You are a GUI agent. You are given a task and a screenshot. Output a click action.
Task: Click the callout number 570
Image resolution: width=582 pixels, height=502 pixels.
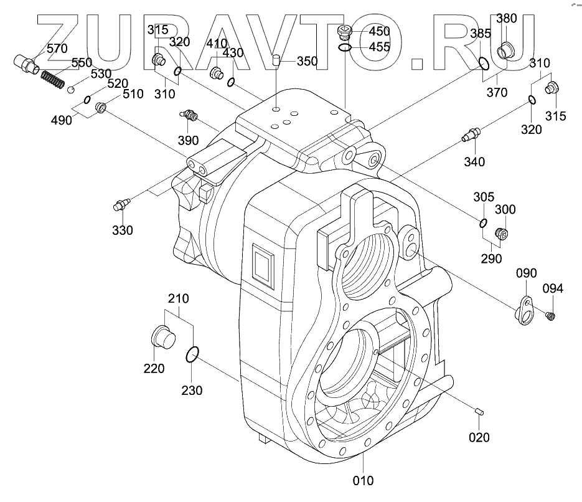(x=57, y=49)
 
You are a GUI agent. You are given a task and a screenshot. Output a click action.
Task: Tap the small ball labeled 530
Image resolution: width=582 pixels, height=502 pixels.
(x=71, y=90)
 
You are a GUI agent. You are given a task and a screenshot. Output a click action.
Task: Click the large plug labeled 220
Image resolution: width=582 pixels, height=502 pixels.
(x=163, y=337)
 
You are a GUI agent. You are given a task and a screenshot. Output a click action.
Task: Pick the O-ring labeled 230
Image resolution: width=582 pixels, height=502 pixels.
(x=192, y=354)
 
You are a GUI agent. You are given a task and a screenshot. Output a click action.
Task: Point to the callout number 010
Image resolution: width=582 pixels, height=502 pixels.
(x=363, y=481)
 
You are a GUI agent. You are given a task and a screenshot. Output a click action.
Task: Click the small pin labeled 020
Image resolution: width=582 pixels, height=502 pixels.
(x=479, y=411)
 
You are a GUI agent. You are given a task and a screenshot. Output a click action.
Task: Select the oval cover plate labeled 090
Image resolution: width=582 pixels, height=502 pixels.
(x=524, y=311)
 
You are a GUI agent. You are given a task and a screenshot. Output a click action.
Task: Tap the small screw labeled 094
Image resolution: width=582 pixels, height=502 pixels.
(x=550, y=316)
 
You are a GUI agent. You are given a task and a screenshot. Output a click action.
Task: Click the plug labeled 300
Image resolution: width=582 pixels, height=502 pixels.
(x=502, y=233)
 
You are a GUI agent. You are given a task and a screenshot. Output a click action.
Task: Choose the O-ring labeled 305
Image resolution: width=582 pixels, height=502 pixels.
(x=483, y=223)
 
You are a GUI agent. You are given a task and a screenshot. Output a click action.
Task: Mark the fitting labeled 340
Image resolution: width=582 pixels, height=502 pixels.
(x=471, y=134)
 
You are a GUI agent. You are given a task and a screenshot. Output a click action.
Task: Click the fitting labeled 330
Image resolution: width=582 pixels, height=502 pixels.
(x=121, y=204)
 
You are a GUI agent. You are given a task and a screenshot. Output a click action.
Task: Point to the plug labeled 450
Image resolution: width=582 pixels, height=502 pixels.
(x=344, y=32)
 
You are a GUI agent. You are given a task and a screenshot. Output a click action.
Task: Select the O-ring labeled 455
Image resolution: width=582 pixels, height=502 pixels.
(x=345, y=47)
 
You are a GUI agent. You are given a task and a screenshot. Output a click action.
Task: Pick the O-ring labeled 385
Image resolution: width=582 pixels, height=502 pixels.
(x=484, y=64)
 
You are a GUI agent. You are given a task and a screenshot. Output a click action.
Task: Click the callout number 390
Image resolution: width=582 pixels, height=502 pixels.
(x=188, y=140)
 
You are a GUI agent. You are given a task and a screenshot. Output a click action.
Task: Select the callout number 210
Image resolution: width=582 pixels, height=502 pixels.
(x=179, y=298)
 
